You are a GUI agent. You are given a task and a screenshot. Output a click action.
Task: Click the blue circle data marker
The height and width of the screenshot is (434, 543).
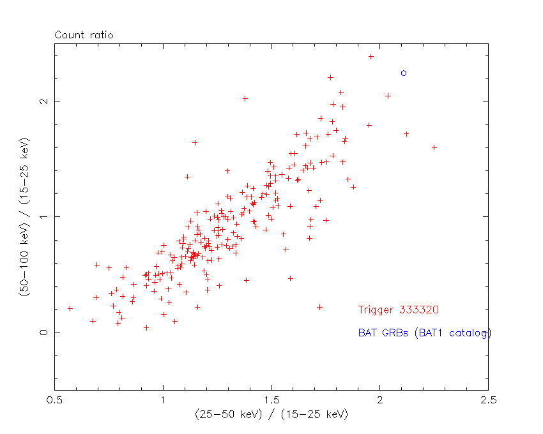[x=403, y=73]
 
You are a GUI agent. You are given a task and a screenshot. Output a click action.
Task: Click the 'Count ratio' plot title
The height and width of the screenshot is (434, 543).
[x=84, y=35]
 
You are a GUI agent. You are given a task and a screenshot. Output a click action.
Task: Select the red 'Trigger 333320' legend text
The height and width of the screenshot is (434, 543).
[x=398, y=310]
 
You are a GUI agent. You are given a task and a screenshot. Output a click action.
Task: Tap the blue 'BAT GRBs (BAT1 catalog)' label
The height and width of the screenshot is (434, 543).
[x=424, y=333]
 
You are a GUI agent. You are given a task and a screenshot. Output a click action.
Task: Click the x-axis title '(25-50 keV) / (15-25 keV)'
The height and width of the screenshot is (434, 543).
[x=271, y=415]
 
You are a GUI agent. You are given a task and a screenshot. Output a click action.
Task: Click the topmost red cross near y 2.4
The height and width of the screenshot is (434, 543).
[x=371, y=57]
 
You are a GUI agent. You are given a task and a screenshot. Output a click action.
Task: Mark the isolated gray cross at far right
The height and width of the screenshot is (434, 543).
[x=434, y=147]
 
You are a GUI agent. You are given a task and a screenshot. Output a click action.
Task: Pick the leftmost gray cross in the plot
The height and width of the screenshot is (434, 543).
[x=70, y=308]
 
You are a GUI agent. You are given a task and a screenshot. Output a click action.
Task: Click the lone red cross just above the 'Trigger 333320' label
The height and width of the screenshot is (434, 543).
[x=319, y=307]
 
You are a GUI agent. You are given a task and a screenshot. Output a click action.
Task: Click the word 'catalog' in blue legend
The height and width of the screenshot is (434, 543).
[x=471, y=333]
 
